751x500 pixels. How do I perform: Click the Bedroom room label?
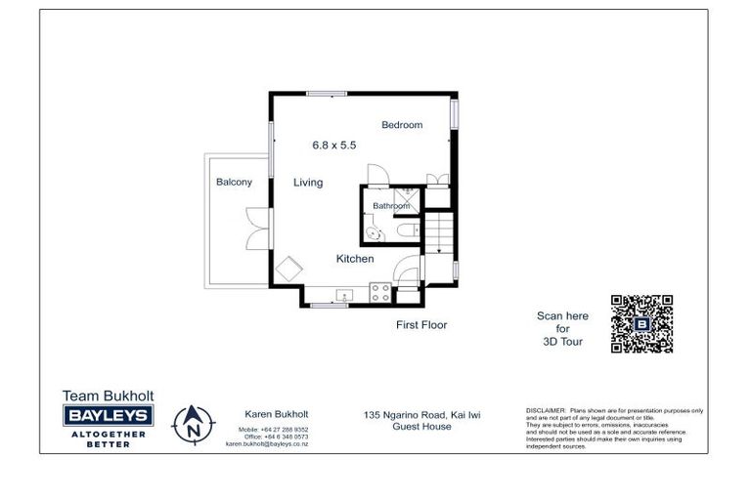402,125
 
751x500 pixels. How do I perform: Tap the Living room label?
308,183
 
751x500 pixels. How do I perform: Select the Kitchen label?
355,259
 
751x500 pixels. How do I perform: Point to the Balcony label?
234,183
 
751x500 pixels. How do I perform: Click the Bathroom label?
391,206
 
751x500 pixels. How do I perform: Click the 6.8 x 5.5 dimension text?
333,145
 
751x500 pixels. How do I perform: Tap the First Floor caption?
421,325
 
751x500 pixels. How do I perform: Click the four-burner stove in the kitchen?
377,291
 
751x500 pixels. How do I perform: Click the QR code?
641,324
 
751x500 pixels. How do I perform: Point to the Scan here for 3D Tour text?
562,329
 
